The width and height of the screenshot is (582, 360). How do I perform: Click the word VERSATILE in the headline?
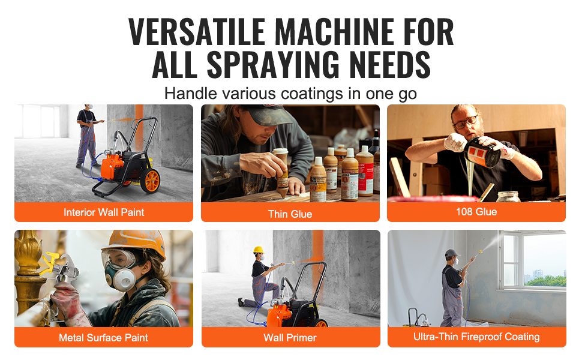click(196, 31)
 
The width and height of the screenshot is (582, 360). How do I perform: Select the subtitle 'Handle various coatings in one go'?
click(290, 94)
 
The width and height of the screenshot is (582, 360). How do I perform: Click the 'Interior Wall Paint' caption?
click(104, 212)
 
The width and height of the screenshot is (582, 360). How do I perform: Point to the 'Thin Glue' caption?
click(290, 214)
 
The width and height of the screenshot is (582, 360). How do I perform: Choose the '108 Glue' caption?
click(476, 212)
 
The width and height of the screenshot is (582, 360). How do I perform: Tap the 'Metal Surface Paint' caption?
click(103, 338)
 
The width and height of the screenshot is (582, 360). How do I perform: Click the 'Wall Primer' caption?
click(290, 338)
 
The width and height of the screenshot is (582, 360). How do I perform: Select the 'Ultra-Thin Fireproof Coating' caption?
click(476, 337)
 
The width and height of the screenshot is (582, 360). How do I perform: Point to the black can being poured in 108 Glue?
click(482, 152)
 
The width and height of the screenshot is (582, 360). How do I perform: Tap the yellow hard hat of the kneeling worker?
click(259, 250)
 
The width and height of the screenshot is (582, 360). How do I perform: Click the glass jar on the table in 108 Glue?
click(508, 196)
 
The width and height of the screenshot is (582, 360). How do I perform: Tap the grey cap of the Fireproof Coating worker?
click(451, 253)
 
